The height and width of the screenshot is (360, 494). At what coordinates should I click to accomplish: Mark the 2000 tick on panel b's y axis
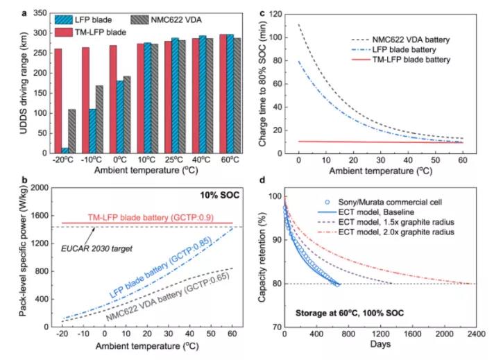(31, 188)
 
